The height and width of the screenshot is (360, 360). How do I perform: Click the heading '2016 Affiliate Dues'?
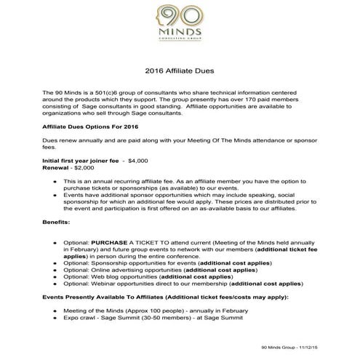[179, 72]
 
